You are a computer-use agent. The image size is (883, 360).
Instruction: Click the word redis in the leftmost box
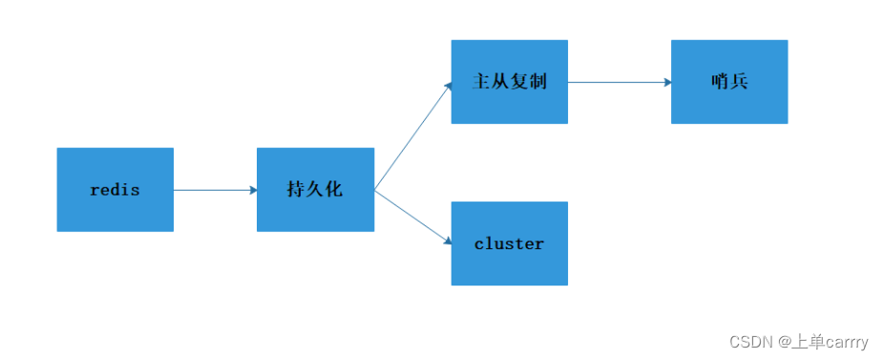tap(115, 190)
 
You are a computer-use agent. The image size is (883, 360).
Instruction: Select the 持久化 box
tap(315, 189)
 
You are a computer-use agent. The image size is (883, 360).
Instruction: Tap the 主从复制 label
tap(509, 81)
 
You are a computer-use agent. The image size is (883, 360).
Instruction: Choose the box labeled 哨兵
tap(729, 81)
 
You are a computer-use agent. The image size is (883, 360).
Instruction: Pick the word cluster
tap(509, 244)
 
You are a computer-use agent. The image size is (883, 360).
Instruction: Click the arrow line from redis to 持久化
tap(215, 190)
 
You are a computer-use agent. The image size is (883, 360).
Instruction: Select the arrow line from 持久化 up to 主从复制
tap(412, 137)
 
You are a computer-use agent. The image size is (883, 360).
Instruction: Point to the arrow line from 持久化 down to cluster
tap(412, 217)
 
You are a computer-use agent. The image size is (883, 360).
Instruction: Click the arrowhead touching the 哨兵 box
tap(666, 82)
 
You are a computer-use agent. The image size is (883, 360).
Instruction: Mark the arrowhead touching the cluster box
tap(446, 243)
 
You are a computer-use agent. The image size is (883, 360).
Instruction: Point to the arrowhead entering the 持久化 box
tap(252, 190)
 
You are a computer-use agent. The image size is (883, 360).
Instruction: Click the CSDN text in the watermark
tap(750, 342)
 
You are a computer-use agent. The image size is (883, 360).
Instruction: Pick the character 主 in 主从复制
tap(481, 81)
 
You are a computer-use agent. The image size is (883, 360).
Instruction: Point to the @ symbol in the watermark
tap(783, 342)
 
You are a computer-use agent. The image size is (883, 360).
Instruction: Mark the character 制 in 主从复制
tap(537, 81)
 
